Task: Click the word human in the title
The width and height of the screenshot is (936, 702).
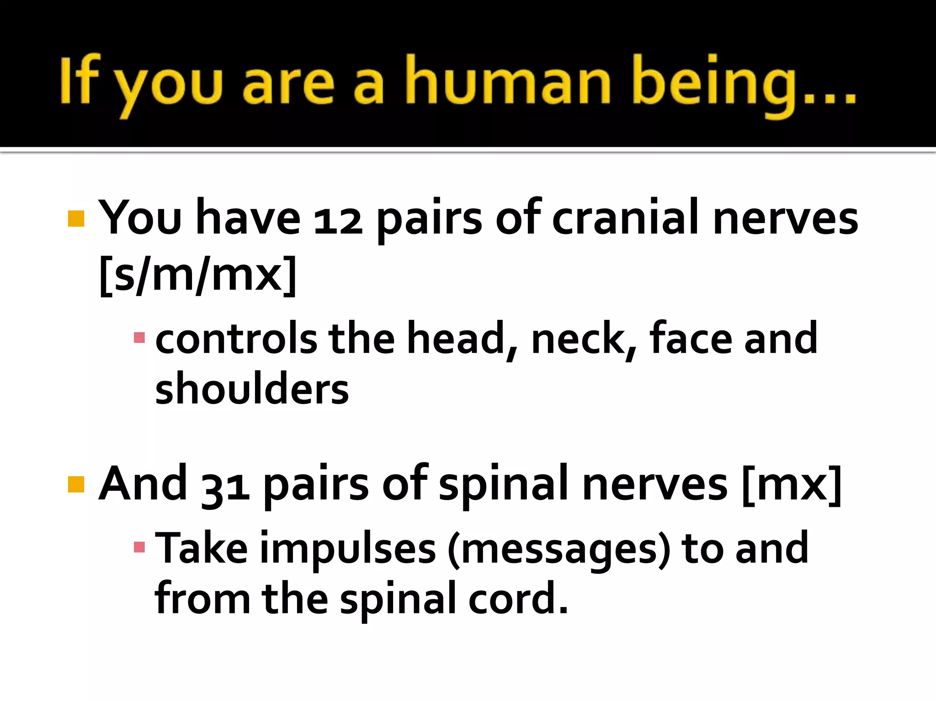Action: (x=508, y=81)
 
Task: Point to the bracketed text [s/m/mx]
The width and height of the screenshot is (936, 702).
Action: (x=198, y=274)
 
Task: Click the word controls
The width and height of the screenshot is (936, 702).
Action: (x=236, y=339)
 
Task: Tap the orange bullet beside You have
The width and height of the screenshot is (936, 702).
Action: (x=76, y=218)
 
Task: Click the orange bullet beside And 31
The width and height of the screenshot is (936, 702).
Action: (x=76, y=484)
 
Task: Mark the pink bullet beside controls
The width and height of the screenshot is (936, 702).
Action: (x=139, y=338)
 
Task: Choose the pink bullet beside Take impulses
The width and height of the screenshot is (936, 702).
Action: (x=139, y=547)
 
